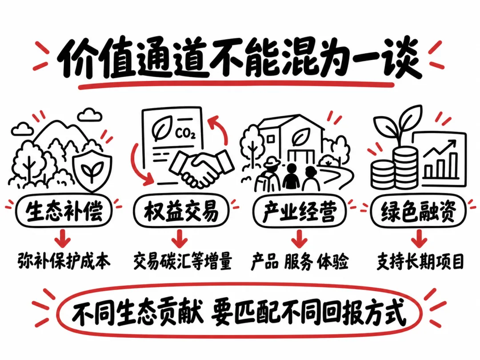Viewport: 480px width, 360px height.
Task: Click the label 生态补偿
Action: click(x=64, y=211)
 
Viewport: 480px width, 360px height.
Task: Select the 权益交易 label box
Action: click(x=181, y=211)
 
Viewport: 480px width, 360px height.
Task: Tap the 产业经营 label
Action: click(x=300, y=211)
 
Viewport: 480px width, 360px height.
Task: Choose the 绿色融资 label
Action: click(x=418, y=211)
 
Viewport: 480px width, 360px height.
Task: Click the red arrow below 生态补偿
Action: click(x=63, y=238)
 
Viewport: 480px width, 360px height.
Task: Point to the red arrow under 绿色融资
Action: click(x=419, y=238)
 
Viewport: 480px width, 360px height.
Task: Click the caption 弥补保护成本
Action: click(x=64, y=261)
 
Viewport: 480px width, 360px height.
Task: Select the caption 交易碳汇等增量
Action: click(x=183, y=261)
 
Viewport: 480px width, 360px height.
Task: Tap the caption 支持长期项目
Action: click(x=420, y=261)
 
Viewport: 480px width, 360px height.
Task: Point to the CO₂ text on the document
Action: click(x=185, y=133)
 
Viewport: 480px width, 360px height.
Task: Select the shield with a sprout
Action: click(x=92, y=170)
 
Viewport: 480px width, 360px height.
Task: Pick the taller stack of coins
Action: click(x=405, y=167)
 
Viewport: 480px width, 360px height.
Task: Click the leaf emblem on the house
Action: click(x=300, y=137)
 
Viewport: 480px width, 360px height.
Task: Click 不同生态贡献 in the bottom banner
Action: click(x=138, y=312)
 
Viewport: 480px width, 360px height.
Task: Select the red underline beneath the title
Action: click(x=236, y=84)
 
